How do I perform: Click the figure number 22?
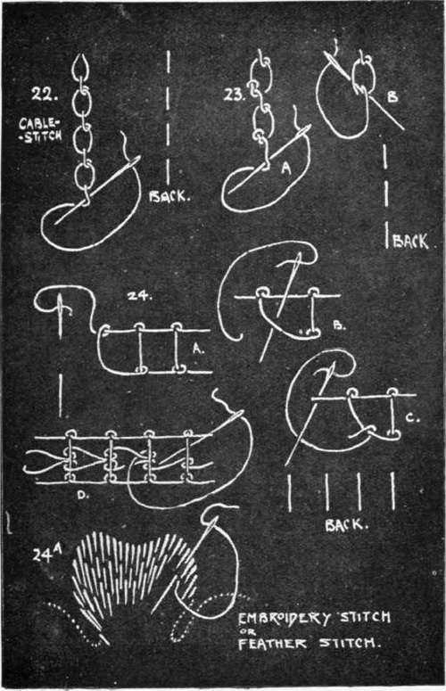44,94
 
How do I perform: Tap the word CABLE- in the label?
38,122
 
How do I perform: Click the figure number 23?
234,95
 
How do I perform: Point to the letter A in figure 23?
287,169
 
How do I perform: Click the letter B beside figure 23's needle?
392,97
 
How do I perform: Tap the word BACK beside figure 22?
169,196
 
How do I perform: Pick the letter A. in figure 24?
198,349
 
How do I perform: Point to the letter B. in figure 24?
339,325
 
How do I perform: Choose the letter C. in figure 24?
412,417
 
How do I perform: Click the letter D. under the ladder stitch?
82,495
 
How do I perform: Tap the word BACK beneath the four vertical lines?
346,525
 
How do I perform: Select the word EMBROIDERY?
285,618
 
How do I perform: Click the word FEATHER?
273,644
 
